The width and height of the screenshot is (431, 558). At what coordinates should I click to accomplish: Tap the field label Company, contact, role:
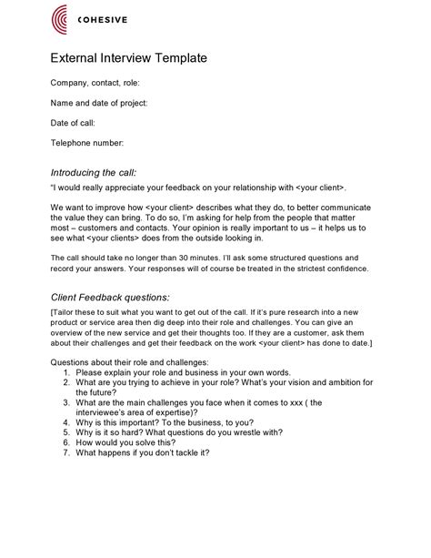click(x=95, y=84)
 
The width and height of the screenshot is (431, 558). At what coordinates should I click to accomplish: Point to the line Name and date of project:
click(x=98, y=103)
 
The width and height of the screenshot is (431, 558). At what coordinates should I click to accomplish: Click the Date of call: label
click(x=73, y=123)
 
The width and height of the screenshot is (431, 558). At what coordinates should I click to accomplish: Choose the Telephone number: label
click(x=86, y=143)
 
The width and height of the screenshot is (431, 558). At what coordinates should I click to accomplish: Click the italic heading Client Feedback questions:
click(x=109, y=297)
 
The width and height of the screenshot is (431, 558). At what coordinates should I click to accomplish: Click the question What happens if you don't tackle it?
click(x=142, y=452)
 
